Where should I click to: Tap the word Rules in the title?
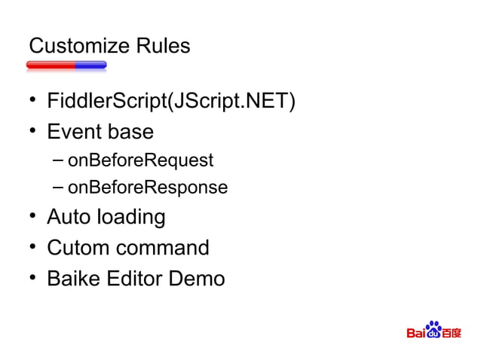coord(162,47)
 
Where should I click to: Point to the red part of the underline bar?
coord(51,66)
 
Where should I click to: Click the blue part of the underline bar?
coord(90,66)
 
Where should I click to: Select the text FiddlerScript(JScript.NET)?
coord(170,101)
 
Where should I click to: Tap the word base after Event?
coord(130,132)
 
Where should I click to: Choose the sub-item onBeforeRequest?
coord(140,160)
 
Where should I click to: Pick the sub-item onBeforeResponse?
coord(147,187)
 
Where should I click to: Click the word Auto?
coord(69,217)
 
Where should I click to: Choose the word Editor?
coord(137,279)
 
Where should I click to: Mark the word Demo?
coord(198,279)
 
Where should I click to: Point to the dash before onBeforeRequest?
coord(59,160)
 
